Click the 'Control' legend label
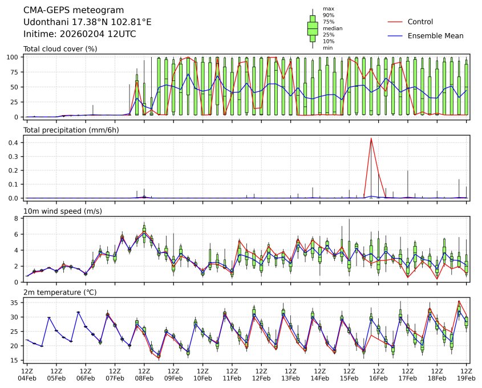click(x=420, y=22)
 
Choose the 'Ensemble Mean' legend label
click(x=435, y=36)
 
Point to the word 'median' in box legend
click(x=333, y=28)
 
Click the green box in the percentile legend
click(x=313, y=28)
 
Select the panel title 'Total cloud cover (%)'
click(x=60, y=49)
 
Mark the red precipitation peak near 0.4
click(x=371, y=138)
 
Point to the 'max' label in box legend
click(x=328, y=9)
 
